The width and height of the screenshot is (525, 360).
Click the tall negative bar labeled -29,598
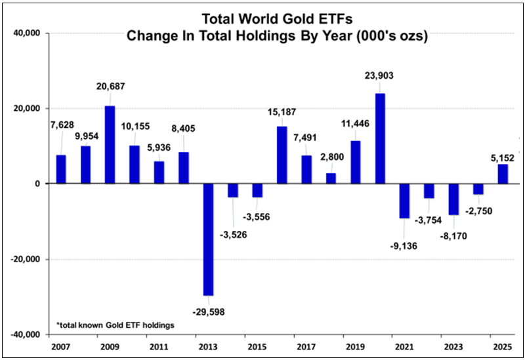tap(208, 239)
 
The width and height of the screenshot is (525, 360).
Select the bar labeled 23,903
tap(380, 138)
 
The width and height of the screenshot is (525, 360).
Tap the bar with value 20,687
tap(110, 144)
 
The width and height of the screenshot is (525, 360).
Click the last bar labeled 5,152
tap(503, 174)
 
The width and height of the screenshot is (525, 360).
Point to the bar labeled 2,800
tap(331, 178)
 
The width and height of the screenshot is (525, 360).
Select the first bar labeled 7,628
tap(61, 169)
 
